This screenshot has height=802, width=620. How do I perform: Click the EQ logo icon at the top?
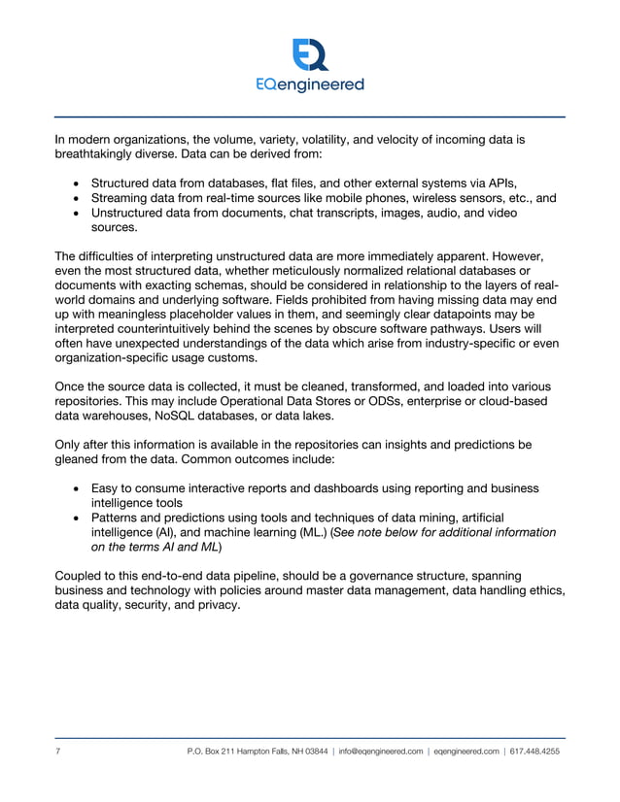(310, 54)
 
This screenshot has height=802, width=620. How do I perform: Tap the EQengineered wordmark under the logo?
(310, 84)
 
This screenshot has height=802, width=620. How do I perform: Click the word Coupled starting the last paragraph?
(80, 574)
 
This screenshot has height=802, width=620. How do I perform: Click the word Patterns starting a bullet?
(119, 518)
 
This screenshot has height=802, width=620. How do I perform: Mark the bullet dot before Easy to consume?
(77, 487)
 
